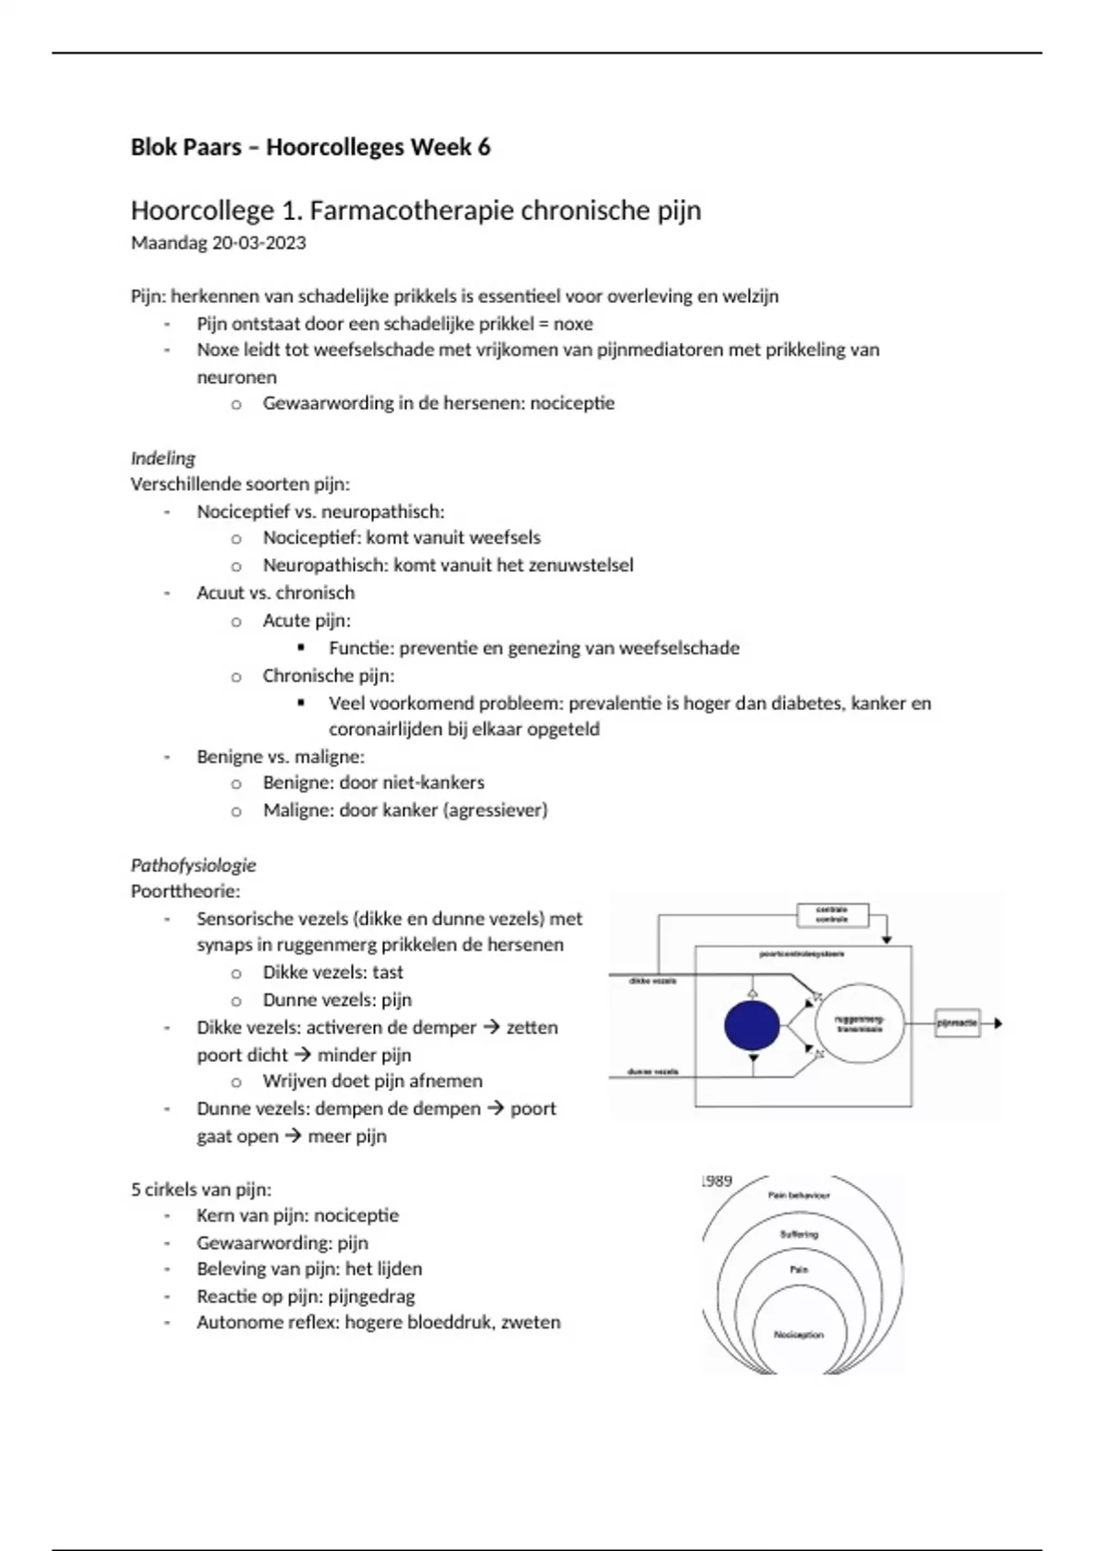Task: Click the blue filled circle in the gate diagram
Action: coord(752,1025)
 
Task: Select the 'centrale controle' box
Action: coord(831,914)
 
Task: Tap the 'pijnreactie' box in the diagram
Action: coord(956,1024)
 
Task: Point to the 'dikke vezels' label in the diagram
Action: coord(652,981)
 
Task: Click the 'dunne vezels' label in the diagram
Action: coord(652,1071)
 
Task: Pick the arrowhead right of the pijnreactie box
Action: coord(997,1024)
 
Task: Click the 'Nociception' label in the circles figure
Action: coord(798,1335)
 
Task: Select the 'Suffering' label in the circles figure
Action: coord(798,1234)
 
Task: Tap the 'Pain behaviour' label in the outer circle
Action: coord(798,1195)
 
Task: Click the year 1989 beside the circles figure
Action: coord(716,1181)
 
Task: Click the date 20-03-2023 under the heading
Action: coord(259,243)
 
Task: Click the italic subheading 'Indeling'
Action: coord(162,458)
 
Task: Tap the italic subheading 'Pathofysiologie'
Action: coord(193,865)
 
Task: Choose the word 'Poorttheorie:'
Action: coord(185,891)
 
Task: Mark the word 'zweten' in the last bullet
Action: coord(534,1323)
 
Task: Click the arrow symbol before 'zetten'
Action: coord(491,1027)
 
